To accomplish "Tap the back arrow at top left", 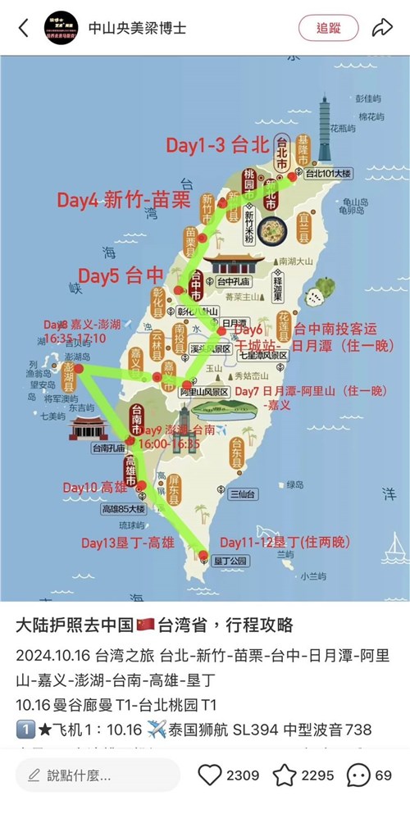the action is (24, 28).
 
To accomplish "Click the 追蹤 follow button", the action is (328, 28).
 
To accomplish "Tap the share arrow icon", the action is (382, 28).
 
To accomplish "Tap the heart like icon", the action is (211, 775).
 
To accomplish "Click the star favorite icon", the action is (284, 775).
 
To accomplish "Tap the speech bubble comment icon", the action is (358, 775).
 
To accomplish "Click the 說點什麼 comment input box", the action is (98, 775).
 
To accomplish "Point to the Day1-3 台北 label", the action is (217, 146).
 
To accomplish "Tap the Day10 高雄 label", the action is (95, 488).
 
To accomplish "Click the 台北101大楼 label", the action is (328, 174).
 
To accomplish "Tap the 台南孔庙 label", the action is (108, 448).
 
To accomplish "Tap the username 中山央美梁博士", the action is (137, 28).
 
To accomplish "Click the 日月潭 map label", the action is (235, 322).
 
